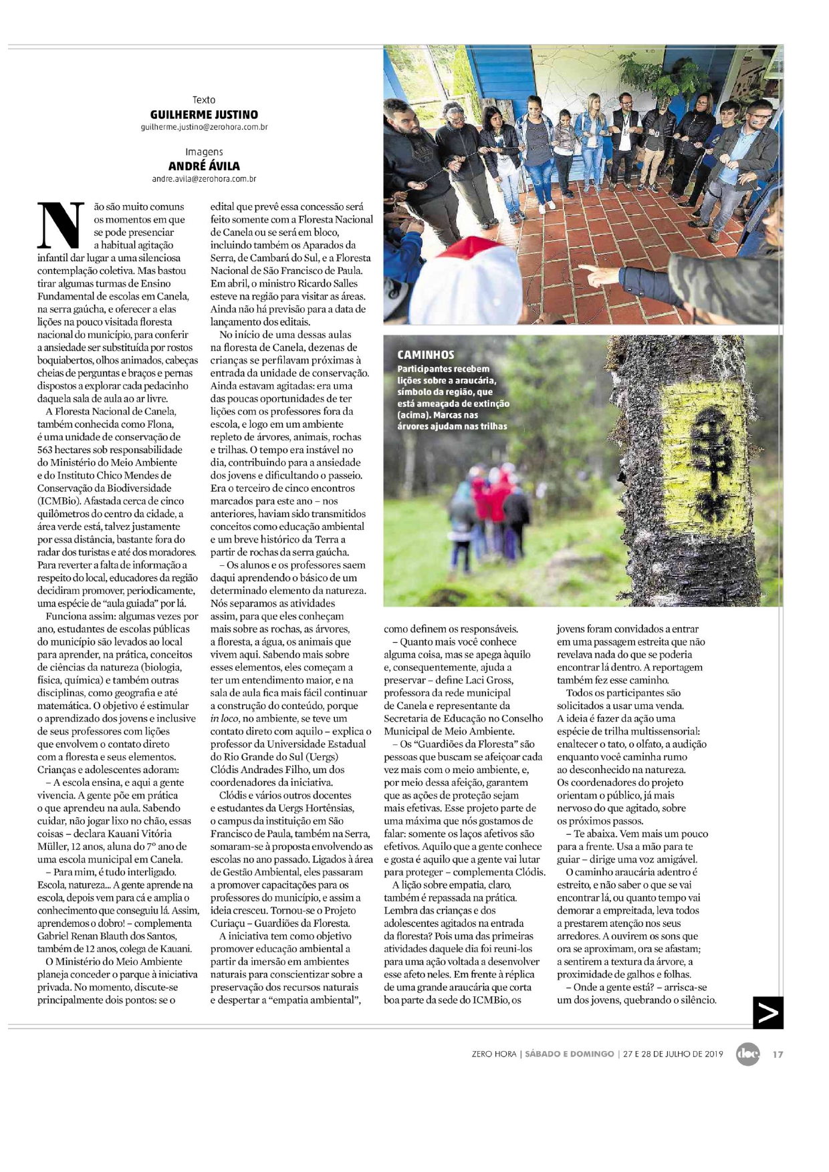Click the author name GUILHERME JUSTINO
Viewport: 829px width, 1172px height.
(204, 114)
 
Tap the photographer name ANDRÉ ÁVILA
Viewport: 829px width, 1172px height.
(204, 166)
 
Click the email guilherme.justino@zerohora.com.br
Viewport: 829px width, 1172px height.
(204, 127)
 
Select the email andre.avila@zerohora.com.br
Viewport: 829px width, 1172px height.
(204, 179)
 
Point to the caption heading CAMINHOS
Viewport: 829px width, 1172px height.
(425, 355)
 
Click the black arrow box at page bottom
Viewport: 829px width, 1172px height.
(767, 1012)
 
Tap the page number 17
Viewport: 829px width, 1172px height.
(778, 1054)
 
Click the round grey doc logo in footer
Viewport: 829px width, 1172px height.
(747, 1054)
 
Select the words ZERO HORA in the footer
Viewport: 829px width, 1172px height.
(493, 1054)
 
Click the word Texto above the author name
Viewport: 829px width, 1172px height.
(204, 100)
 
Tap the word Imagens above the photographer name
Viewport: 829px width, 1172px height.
(204, 152)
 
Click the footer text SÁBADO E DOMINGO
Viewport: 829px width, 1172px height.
(569, 1054)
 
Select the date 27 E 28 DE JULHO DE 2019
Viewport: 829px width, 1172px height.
(673, 1054)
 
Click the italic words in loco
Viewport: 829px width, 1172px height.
(225, 719)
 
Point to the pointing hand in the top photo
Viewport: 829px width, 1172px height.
(595, 273)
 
